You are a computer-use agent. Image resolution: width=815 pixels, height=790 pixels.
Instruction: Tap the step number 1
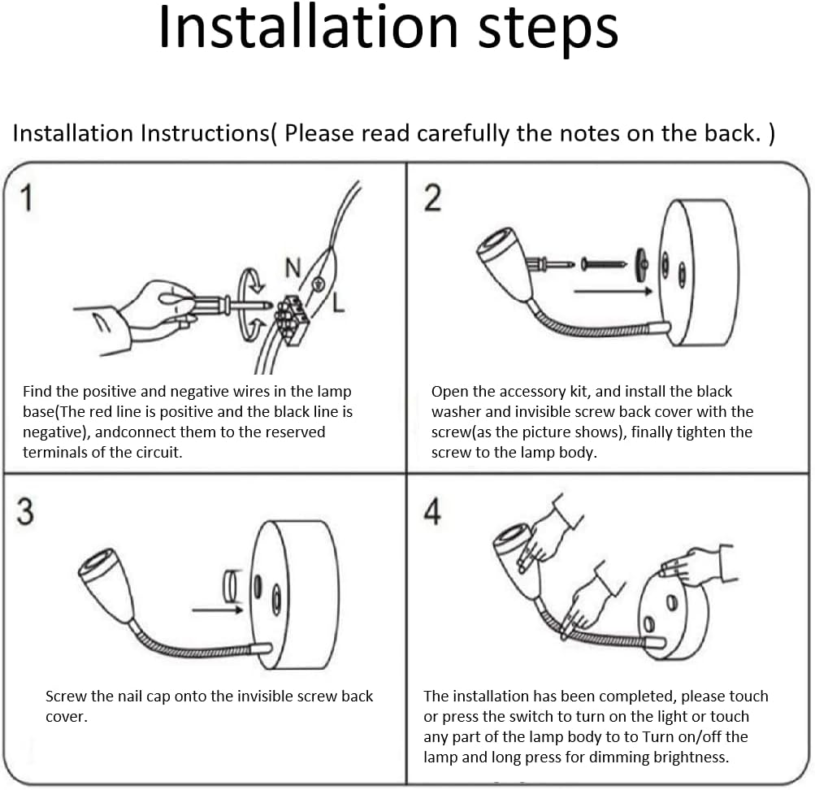pos(26,198)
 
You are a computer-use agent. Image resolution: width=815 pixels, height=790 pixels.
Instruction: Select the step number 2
pos(432,198)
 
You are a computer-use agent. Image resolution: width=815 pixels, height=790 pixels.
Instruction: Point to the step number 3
pos(25,511)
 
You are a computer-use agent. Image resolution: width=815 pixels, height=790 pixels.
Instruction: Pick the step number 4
pos(432,511)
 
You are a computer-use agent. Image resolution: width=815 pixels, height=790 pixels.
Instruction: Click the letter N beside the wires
pos(293,267)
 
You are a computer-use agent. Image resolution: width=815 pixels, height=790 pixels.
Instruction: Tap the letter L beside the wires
pos(338,302)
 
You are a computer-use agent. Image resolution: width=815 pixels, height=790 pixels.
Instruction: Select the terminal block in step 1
pos(291,319)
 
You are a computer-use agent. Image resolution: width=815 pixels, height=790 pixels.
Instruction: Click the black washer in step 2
pos(641,265)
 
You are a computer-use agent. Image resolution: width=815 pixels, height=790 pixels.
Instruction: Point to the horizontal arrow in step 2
pos(613,291)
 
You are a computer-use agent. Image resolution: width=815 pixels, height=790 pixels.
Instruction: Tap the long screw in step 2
pos(604,264)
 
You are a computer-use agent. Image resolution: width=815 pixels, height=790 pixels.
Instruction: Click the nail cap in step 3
pos(231,586)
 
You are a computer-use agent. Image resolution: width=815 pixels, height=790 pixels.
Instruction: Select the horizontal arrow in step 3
pos(217,610)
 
